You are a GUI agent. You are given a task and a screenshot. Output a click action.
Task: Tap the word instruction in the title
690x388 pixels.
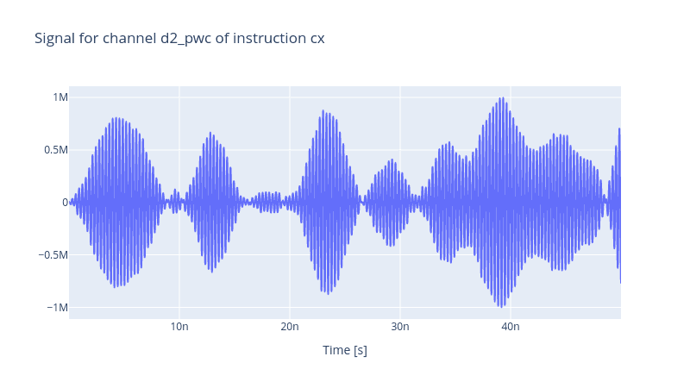pos(269,38)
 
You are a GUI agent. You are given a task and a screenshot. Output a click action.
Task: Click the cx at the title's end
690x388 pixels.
pos(317,39)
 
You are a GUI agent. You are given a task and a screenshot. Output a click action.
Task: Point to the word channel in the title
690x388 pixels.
pos(129,38)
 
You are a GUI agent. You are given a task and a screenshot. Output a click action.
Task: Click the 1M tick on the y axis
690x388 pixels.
pos(60,97)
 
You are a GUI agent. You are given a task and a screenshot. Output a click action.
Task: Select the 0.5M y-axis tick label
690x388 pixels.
pos(56,150)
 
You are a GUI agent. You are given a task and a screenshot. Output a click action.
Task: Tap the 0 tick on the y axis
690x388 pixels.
pos(66,203)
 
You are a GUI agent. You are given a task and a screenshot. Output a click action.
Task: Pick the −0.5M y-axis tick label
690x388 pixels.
pos(53,255)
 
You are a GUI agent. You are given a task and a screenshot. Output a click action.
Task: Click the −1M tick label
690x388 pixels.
pos(57,308)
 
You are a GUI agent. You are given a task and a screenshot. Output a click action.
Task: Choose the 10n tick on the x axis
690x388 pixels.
pos(179,327)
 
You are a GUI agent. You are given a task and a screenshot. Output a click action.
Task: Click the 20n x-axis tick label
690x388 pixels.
pos(290,327)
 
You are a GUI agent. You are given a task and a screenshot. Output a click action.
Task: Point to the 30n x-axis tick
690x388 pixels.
pos(400,327)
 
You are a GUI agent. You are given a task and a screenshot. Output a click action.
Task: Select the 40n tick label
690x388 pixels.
pos(511,327)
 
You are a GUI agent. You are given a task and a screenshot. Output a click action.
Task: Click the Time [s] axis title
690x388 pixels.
pos(345,350)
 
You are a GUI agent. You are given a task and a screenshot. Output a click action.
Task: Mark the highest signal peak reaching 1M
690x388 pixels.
pos(502,97)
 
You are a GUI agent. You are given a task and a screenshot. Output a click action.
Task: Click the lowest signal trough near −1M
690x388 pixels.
pos(502,307)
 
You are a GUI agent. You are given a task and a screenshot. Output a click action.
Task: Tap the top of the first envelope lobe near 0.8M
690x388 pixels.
pos(117,118)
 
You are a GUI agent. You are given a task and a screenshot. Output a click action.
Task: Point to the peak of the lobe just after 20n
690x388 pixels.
pos(323,111)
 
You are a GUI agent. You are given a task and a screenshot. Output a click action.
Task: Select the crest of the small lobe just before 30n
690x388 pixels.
pos(392,160)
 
